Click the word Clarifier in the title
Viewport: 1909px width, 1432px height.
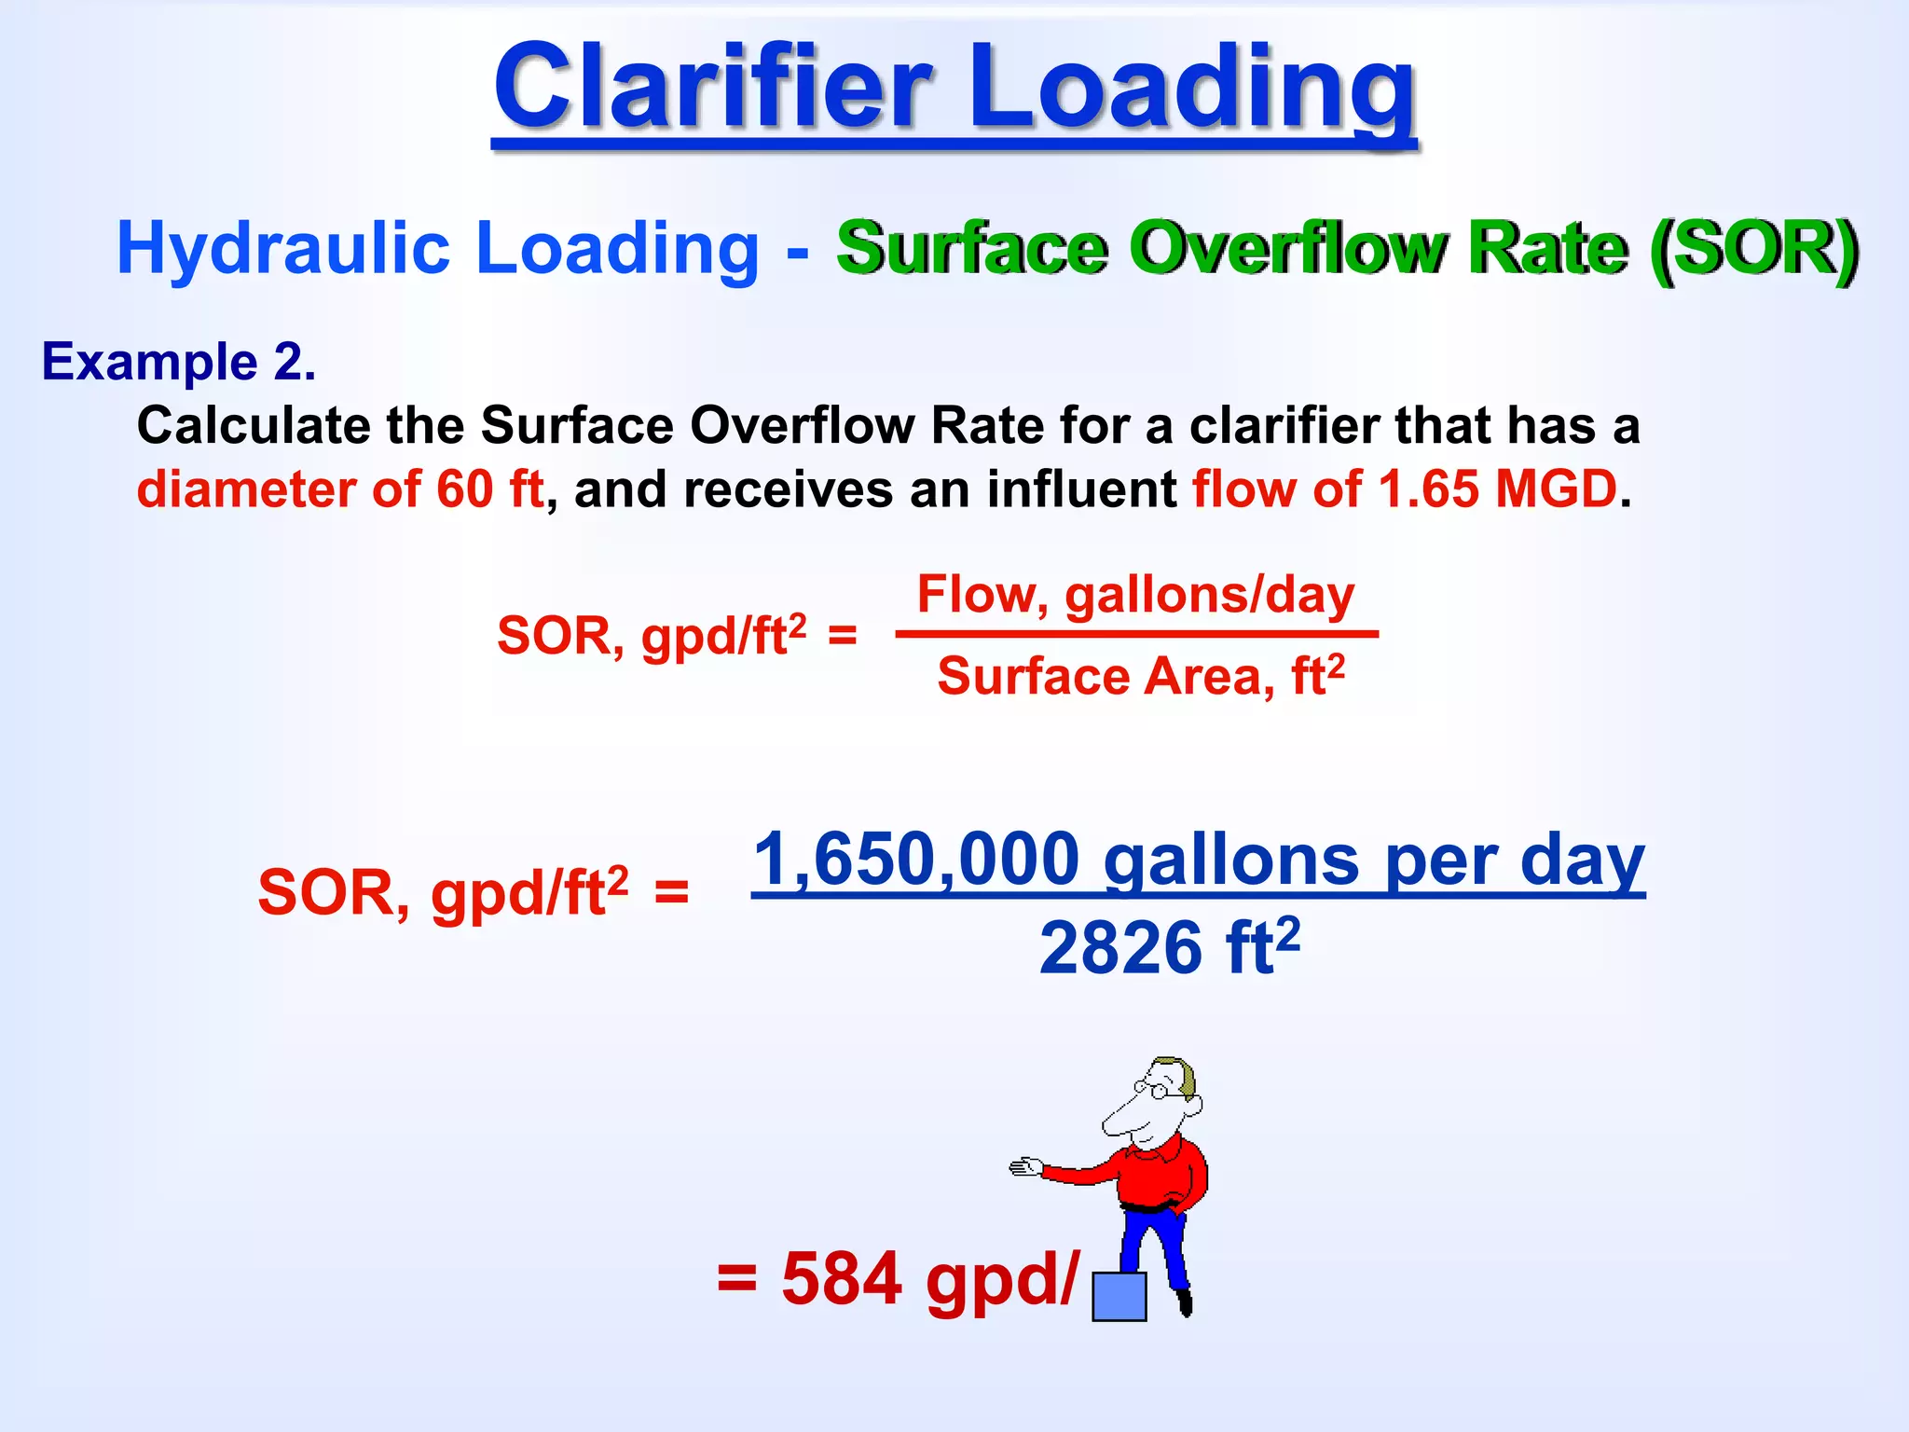tap(713, 89)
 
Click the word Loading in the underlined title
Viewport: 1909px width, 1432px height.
tap(1193, 89)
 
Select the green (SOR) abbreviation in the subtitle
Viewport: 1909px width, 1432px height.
tap(1753, 249)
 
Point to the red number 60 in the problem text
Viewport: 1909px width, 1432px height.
tap(464, 489)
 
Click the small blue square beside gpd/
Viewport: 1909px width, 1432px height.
tap(1119, 1297)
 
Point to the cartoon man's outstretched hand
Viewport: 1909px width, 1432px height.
tap(1025, 1167)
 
